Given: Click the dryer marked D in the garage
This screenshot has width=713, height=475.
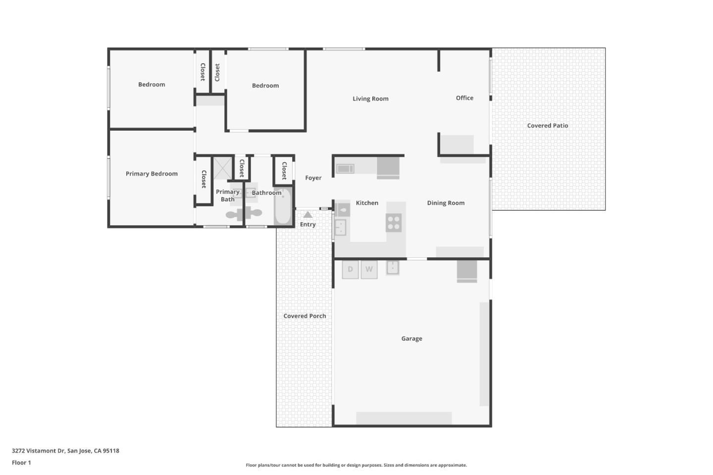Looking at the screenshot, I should click(350, 270).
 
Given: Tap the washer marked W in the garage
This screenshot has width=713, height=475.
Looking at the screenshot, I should click(369, 270).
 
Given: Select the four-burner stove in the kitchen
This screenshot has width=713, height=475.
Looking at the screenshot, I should click(394, 223).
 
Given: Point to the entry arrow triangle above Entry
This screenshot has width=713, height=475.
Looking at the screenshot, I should click(308, 215).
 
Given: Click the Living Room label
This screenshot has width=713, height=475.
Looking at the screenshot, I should click(370, 98).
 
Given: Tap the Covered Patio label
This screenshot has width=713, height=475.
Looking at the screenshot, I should click(547, 126).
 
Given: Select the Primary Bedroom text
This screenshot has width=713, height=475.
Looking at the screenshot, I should click(152, 174).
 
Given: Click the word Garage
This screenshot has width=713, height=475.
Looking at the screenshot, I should click(411, 339).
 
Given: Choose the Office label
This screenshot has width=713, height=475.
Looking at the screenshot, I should click(464, 98).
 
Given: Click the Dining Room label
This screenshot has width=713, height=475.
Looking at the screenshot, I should click(446, 203).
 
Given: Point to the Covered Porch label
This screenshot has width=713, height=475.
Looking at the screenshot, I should click(305, 316).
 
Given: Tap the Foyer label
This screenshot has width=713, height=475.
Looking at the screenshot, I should click(313, 178).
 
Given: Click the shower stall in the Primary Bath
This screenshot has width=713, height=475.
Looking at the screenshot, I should click(222, 168).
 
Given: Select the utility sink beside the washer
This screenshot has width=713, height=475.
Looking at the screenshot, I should click(393, 268).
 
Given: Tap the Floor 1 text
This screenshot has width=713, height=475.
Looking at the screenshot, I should click(21, 463).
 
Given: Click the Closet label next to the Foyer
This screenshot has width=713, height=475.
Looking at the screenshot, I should click(284, 171).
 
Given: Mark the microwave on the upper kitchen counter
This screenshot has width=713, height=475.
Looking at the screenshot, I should click(345, 169).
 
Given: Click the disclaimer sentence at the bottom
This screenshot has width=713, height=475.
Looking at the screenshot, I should click(356, 465).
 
